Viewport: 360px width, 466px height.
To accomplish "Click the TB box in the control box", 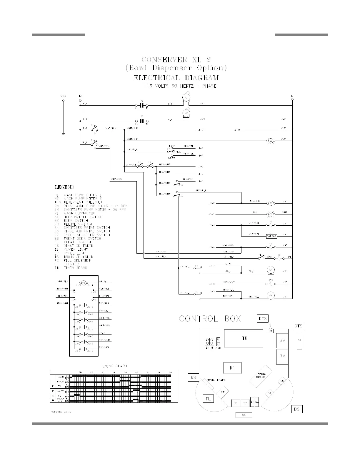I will (243, 338).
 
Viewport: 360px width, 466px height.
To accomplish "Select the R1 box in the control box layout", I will (232, 368).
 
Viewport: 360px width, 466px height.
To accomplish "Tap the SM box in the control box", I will (282, 341).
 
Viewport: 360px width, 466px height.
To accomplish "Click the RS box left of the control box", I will (193, 377).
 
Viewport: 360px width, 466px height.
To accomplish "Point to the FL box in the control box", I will (208, 399).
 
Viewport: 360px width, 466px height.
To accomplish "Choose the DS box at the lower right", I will (297, 409).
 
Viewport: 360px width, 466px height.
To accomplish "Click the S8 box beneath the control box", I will (244, 415).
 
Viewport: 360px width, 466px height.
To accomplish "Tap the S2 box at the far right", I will (299, 341).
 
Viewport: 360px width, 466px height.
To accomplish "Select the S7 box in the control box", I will (245, 403).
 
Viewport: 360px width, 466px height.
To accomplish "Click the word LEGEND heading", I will (64, 187).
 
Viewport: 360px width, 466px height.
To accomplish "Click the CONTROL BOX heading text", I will (210, 319).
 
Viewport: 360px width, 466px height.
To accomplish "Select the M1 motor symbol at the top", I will (186, 98).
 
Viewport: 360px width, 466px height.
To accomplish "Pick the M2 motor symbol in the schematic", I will (186, 113).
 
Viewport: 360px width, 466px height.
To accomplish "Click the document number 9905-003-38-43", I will (61, 412).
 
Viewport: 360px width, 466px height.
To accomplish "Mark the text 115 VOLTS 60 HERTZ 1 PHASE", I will (180, 86).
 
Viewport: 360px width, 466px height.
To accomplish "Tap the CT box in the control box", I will (223, 392).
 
